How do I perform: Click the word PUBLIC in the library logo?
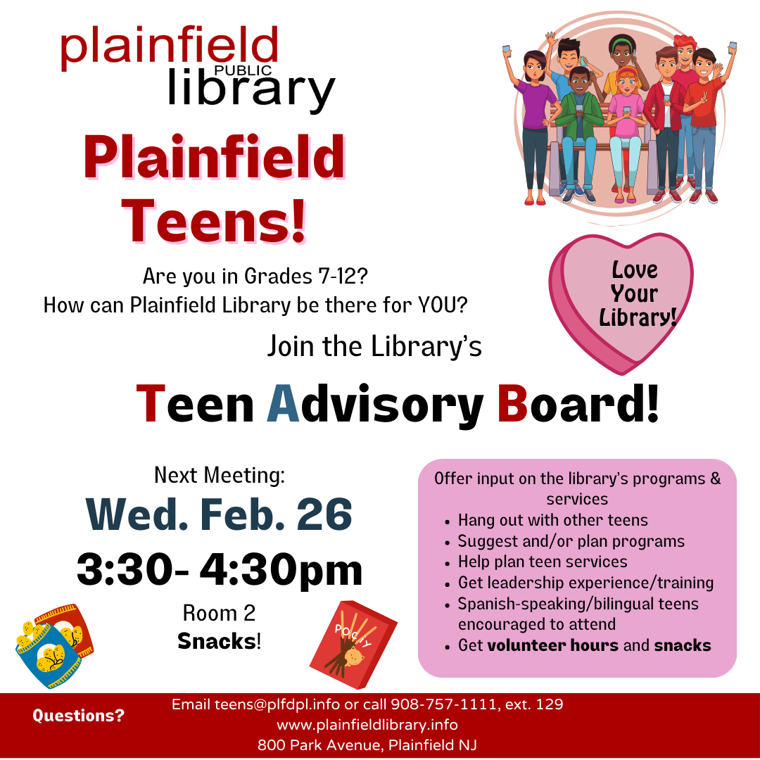(x=243, y=71)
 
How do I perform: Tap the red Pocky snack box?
(x=353, y=644)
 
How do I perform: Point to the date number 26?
(x=324, y=514)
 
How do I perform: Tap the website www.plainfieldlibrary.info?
(x=367, y=725)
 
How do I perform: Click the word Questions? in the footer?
(x=79, y=716)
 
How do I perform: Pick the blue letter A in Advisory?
(x=284, y=403)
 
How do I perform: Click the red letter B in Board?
(x=513, y=403)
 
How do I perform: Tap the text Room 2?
(x=219, y=613)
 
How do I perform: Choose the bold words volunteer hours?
(x=552, y=645)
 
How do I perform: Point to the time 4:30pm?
(x=281, y=570)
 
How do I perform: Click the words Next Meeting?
(x=220, y=476)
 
